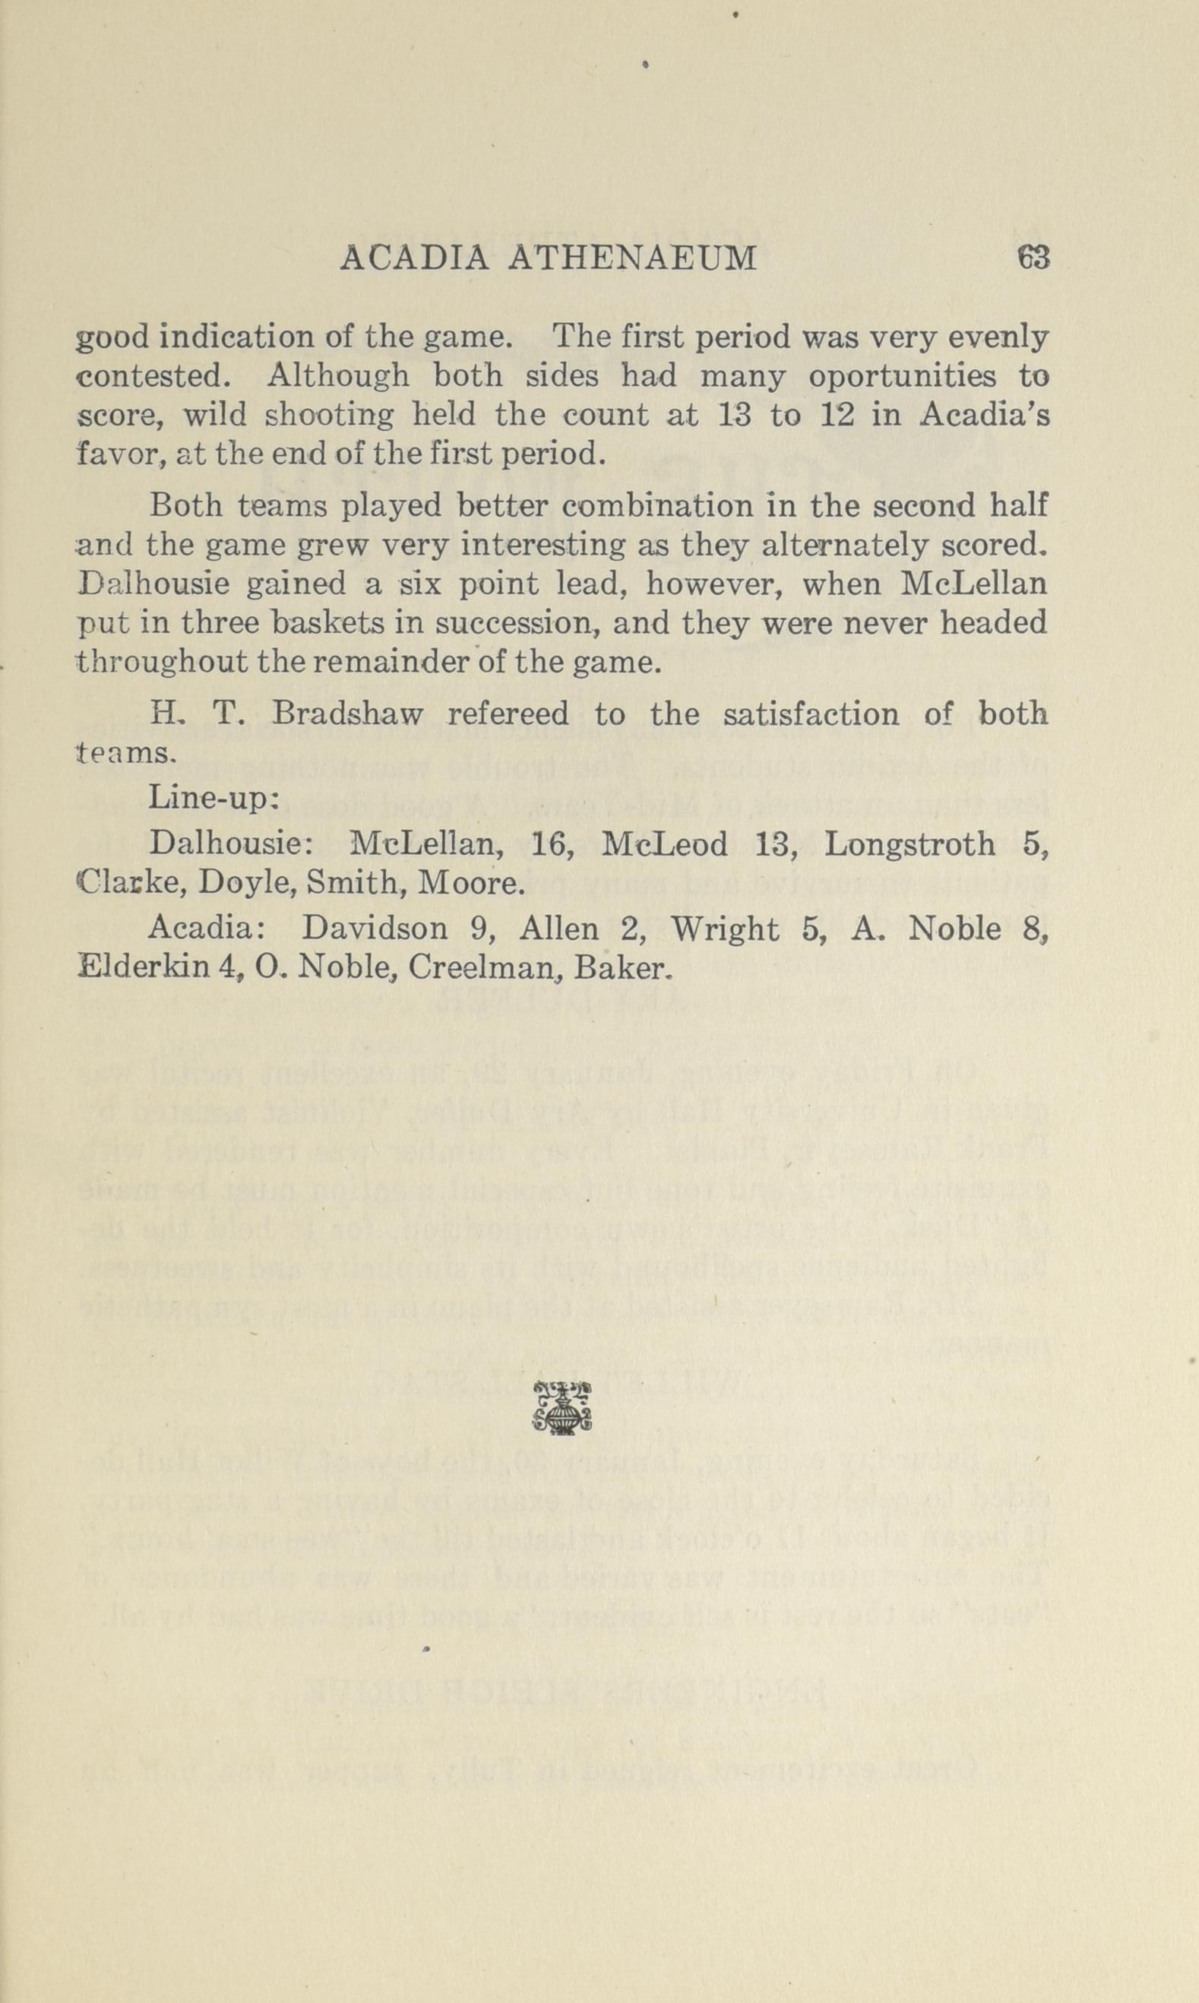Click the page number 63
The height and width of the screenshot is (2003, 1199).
tap(1033, 258)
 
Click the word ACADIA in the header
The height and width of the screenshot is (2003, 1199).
tap(413, 258)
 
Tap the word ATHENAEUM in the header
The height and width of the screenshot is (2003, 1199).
tap(634, 258)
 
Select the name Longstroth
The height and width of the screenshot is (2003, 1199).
tap(910, 845)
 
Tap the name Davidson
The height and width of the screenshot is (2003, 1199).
tap(375, 929)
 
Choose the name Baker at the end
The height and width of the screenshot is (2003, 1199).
tap(622, 968)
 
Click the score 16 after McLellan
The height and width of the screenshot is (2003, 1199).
tap(550, 845)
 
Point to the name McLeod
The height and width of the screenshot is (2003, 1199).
tap(665, 845)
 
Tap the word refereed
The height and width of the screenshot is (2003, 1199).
tap(508, 714)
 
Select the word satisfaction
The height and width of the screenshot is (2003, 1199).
tap(811, 714)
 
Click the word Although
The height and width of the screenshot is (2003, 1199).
tap(337, 378)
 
